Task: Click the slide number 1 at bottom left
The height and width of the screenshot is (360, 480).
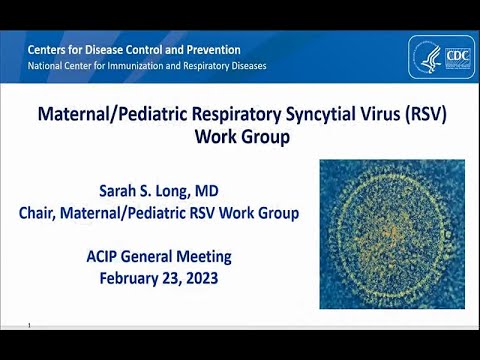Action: tap(31, 325)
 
